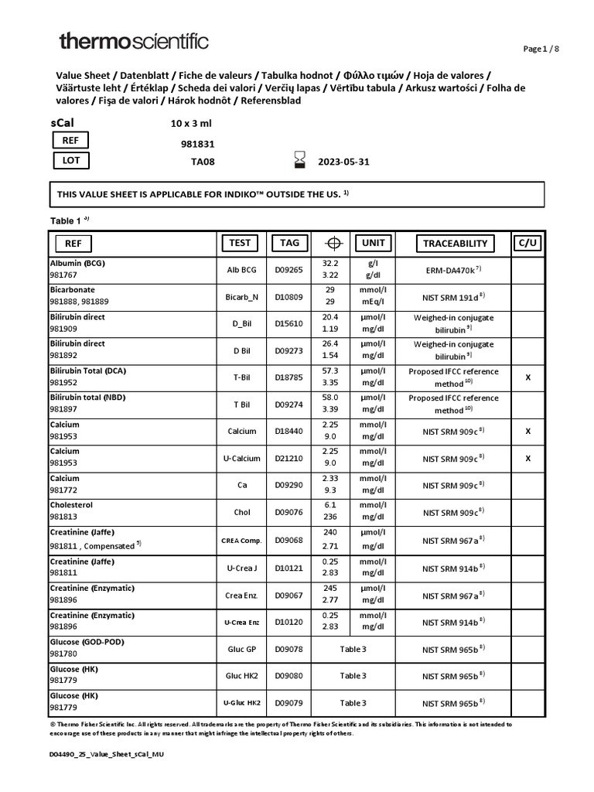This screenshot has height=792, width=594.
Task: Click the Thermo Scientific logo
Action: pyautogui.click(x=133, y=42)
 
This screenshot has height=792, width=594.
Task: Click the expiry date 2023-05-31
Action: pyautogui.click(x=345, y=162)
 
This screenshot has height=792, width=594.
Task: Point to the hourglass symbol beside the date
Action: pyautogui.click(x=300, y=160)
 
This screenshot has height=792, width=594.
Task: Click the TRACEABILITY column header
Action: pyautogui.click(x=456, y=244)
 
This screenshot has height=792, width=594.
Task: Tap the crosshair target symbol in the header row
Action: pyautogui.click(x=333, y=244)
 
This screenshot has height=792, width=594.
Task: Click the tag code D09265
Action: pyautogui.click(x=289, y=270)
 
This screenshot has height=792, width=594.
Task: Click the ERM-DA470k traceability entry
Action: pyautogui.click(x=455, y=269)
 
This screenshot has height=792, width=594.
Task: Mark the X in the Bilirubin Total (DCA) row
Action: pyautogui.click(x=528, y=377)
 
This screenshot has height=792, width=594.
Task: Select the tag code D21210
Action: pyautogui.click(x=289, y=459)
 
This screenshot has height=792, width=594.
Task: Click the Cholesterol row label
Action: pyautogui.click(x=71, y=505)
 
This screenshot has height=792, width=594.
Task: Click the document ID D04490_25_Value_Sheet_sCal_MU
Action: pyautogui.click(x=107, y=753)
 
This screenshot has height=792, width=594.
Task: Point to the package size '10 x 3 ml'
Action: pyautogui.click(x=191, y=123)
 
